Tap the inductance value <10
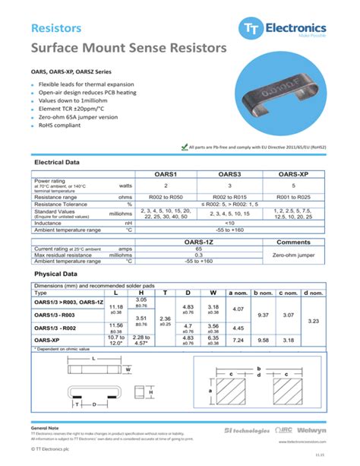(x=230, y=223)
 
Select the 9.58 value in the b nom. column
(x=264, y=341)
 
